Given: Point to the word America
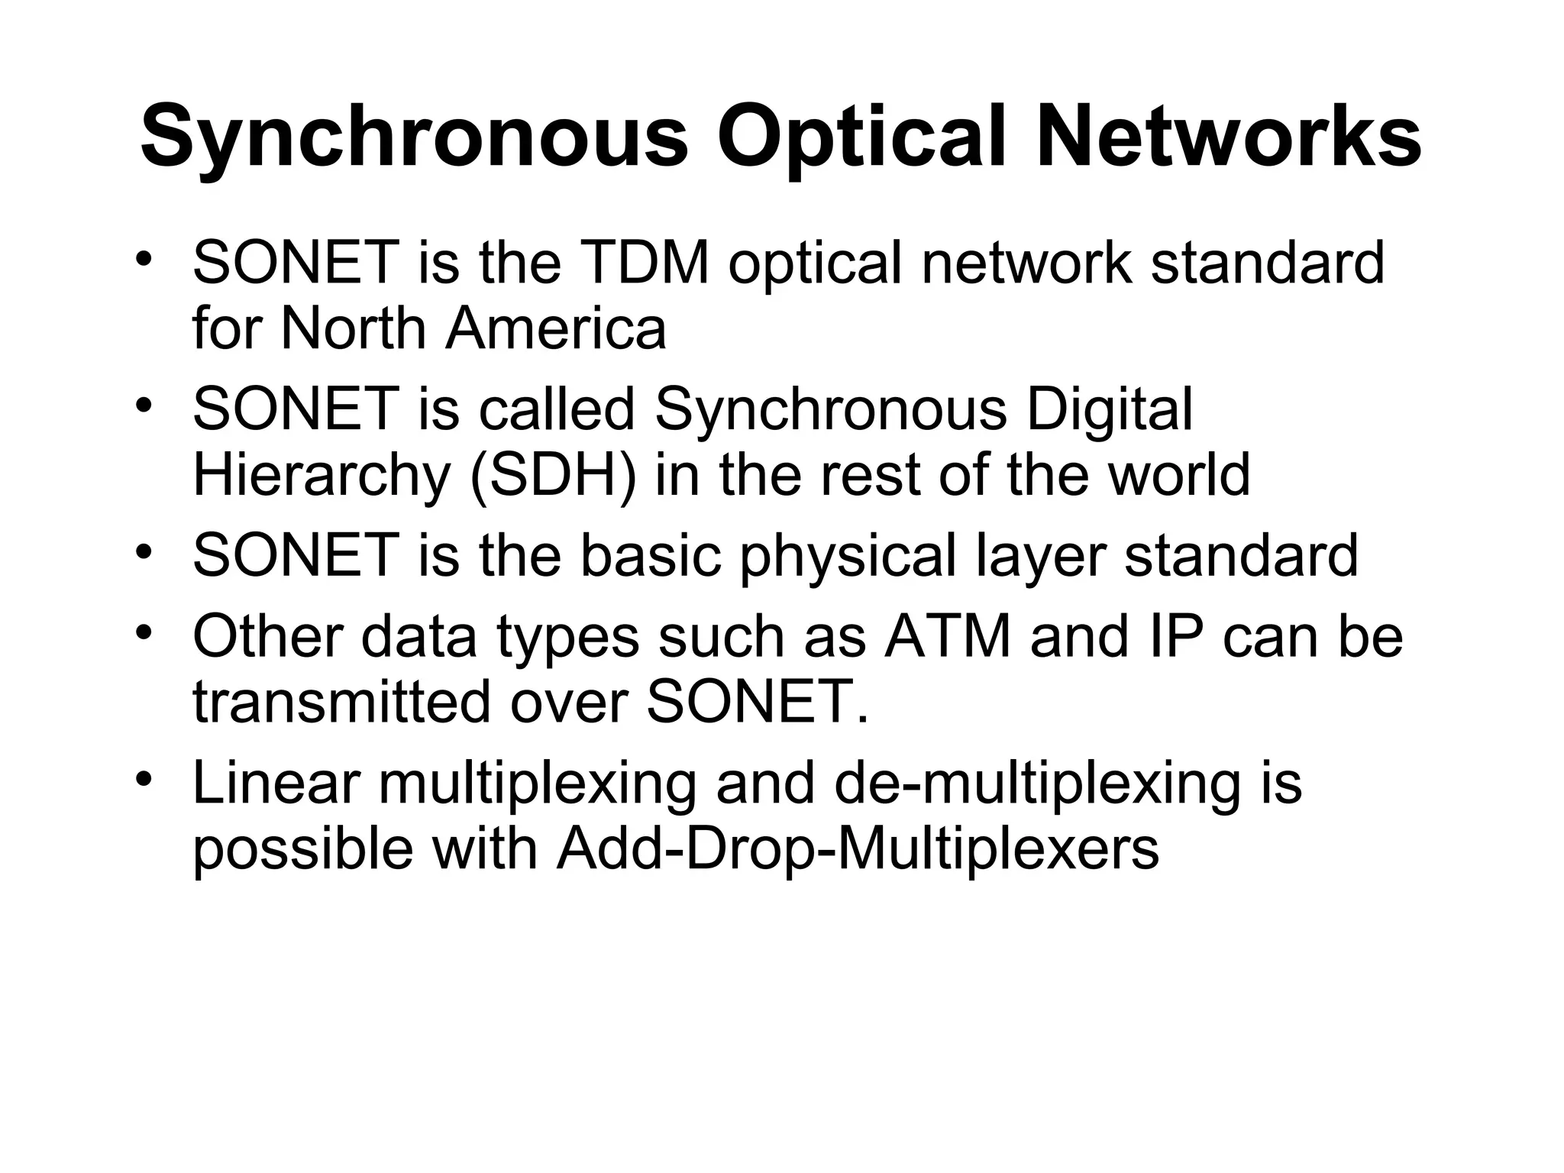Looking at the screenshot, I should click(x=556, y=328).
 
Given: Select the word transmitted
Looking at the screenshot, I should click(x=341, y=702).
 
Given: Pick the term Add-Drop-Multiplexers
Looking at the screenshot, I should click(x=857, y=848).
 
